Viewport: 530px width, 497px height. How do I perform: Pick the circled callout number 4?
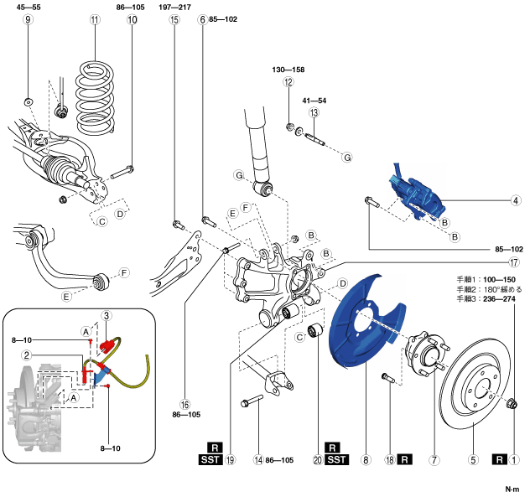516,200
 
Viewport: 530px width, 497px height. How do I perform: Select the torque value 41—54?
315,101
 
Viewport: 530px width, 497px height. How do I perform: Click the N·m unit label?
511,489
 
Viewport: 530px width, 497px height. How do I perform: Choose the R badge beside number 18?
405,460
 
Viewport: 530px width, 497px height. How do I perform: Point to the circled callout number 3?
107,316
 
